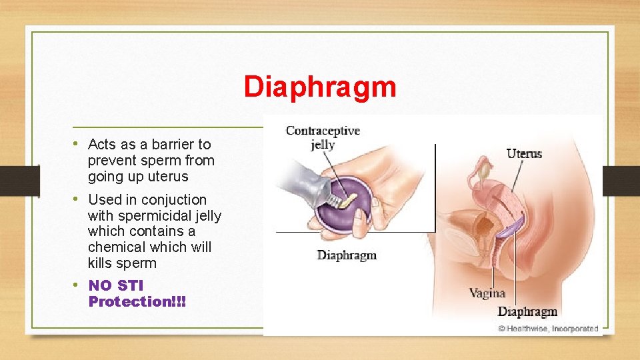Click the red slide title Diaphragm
(319, 87)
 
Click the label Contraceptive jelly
(323, 137)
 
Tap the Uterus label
(524, 154)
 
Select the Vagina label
(487, 293)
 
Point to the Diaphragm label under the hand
(347, 255)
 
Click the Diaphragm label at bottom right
(527, 312)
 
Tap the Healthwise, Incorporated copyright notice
(548, 329)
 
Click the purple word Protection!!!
(137, 301)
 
